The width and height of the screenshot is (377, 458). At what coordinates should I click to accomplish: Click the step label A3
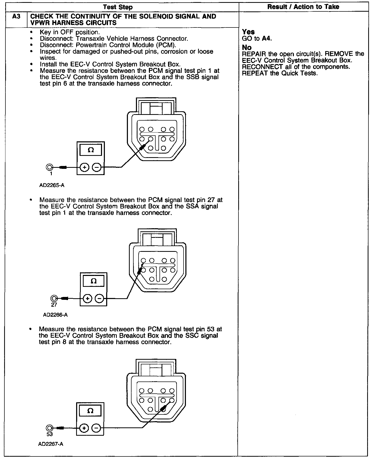(x=16, y=17)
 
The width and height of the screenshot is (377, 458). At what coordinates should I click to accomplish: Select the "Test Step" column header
(x=118, y=7)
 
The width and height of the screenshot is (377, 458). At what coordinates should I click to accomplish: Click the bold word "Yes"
(x=248, y=32)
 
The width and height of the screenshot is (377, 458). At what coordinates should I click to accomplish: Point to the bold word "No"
(x=247, y=47)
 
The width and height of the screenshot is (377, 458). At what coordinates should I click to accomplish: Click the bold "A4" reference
(x=266, y=39)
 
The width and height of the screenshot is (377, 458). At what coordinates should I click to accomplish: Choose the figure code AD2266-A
(x=55, y=315)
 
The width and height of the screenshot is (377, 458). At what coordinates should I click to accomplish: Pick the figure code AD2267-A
(x=51, y=444)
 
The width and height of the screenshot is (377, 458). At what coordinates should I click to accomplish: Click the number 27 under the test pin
(x=54, y=305)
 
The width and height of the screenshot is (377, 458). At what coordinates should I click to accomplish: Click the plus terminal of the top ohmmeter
(x=84, y=168)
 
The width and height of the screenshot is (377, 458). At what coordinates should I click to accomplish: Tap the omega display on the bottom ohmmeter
(x=90, y=411)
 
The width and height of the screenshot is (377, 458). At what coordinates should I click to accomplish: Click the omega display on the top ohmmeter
(x=91, y=150)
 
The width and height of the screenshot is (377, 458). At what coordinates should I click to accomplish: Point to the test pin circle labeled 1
(x=49, y=167)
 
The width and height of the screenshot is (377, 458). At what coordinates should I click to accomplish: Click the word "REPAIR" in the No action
(x=251, y=54)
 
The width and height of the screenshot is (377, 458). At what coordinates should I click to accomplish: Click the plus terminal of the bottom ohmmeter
(x=84, y=428)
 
